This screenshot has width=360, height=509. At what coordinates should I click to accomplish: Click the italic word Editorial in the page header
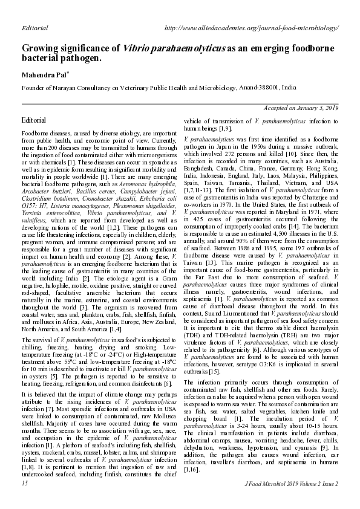[34, 28]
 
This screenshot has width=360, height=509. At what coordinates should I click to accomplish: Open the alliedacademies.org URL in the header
[251, 28]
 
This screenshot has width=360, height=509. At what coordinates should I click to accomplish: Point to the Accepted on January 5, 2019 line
[301, 108]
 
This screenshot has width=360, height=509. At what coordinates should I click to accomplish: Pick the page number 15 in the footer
[24, 484]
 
